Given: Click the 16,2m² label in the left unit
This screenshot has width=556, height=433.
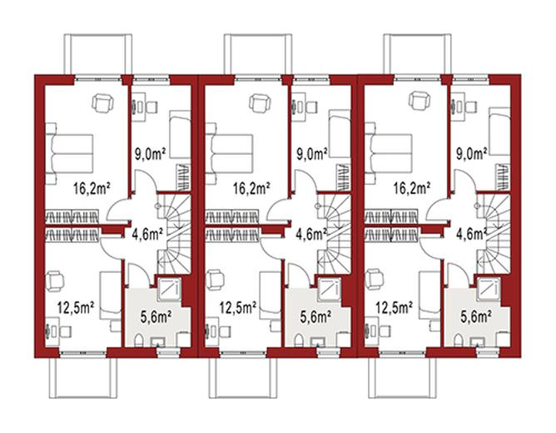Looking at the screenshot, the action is click(x=91, y=188).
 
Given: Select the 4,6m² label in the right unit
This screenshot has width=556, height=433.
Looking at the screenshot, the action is click(x=471, y=235).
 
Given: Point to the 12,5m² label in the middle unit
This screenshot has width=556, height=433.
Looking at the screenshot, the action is click(x=238, y=308).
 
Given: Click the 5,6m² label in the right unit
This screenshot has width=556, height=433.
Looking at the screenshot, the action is click(x=476, y=316).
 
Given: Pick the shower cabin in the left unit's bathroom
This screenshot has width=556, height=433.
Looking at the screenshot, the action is click(x=169, y=288).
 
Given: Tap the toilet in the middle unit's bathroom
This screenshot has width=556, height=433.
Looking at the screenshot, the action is click(x=299, y=340).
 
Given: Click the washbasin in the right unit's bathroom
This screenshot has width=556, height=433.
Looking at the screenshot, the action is click(x=477, y=342).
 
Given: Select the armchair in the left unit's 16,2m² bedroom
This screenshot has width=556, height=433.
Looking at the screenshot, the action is click(x=103, y=103).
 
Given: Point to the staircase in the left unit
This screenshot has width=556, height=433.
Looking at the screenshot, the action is click(x=174, y=234).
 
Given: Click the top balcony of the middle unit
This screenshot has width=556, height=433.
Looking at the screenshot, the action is click(x=258, y=54).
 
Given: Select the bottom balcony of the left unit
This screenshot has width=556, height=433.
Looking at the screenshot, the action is click(x=83, y=378).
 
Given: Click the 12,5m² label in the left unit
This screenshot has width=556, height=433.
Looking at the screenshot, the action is click(x=76, y=308).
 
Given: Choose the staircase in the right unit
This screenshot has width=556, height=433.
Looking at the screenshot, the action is click(x=494, y=234).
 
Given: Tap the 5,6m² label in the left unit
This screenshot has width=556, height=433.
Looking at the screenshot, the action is click(x=156, y=316).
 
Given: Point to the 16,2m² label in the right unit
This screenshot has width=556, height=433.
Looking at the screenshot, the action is click(x=411, y=188).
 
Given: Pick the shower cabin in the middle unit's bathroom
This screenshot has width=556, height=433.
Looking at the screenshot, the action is click(x=329, y=288).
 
